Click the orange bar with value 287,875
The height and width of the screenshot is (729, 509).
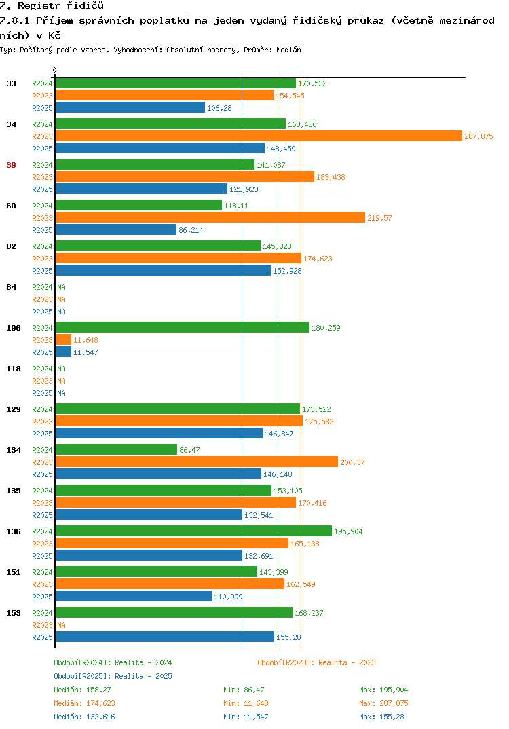pos(259,136)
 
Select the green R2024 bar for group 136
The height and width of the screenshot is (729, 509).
pos(194,531)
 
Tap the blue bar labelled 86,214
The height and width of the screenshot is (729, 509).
pos(116,229)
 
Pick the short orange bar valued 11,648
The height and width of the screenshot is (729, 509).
pos(64,340)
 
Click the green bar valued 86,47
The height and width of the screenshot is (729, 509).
pos(117,449)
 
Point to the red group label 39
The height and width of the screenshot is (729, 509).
pos(11,165)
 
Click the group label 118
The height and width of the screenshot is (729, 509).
pos(14,369)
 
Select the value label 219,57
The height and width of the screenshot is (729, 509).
pos(379,218)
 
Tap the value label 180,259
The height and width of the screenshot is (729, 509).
pos(326,328)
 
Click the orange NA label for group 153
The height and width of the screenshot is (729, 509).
pos(61,625)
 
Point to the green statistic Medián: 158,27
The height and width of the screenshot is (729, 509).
pos(82,690)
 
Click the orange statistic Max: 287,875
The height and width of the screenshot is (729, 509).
pos(383,703)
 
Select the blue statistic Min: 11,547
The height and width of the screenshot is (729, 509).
pos(246,717)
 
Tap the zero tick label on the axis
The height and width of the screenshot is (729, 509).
pos(54,70)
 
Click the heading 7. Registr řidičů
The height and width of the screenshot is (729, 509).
pos(52,5)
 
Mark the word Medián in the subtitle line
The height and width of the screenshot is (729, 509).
pos(288,50)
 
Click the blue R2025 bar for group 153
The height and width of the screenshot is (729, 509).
pos(165,637)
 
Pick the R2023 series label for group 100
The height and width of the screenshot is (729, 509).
pos(42,340)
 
